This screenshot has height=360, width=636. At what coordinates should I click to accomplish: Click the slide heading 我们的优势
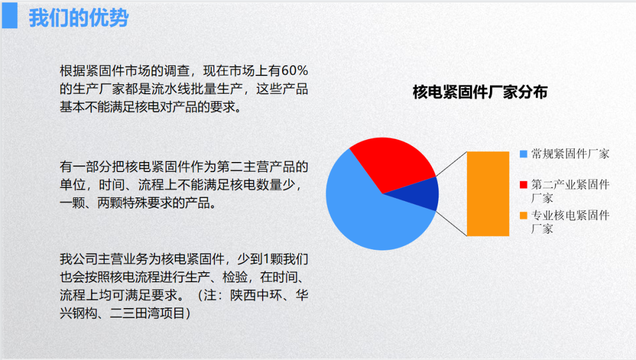[78, 18]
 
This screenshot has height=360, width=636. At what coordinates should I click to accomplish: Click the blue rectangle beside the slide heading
[10, 15]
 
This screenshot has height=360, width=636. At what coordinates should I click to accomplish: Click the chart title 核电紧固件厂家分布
[480, 92]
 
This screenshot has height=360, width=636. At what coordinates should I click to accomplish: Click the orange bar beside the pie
[488, 194]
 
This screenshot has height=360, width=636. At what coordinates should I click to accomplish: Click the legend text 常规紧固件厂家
[570, 154]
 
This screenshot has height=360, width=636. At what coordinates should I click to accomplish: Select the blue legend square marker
[524, 154]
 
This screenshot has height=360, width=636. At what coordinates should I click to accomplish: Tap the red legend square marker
[524, 184]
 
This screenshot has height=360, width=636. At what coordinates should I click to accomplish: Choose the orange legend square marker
[524, 215]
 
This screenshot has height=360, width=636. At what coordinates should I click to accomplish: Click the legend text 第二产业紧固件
[570, 184]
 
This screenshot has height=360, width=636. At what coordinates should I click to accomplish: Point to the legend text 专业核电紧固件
[570, 215]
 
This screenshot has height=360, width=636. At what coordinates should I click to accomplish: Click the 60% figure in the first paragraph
[294, 71]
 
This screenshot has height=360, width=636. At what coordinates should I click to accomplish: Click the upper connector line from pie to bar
[452, 164]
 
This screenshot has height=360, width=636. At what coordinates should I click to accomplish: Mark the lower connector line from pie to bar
[452, 224]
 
